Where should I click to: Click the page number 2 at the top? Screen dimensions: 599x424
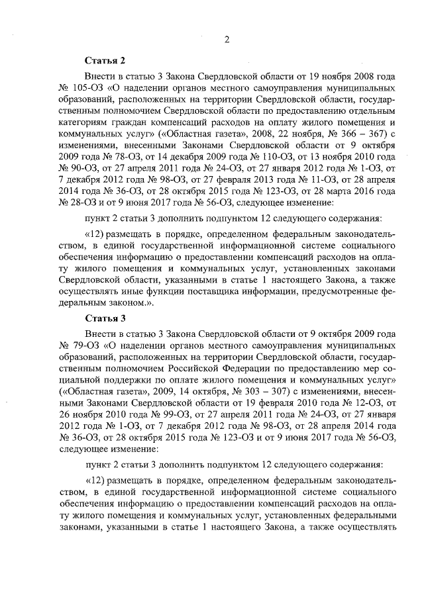pyautogui.click(x=226, y=39)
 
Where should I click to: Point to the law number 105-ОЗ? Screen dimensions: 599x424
pyautogui.click(x=84, y=88)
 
